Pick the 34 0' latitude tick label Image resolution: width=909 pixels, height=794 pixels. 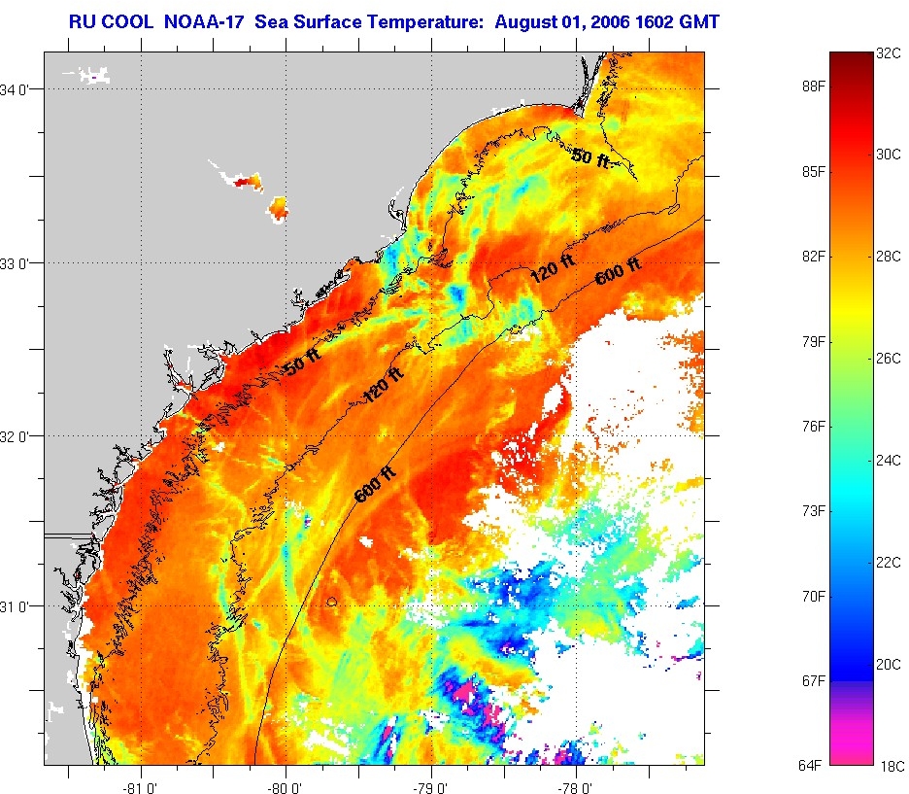coord(21,89)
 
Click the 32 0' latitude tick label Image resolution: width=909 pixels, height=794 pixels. coord(21,435)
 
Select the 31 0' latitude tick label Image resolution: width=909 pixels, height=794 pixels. coord(21,605)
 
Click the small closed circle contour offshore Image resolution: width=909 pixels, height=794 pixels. coord(332,603)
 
